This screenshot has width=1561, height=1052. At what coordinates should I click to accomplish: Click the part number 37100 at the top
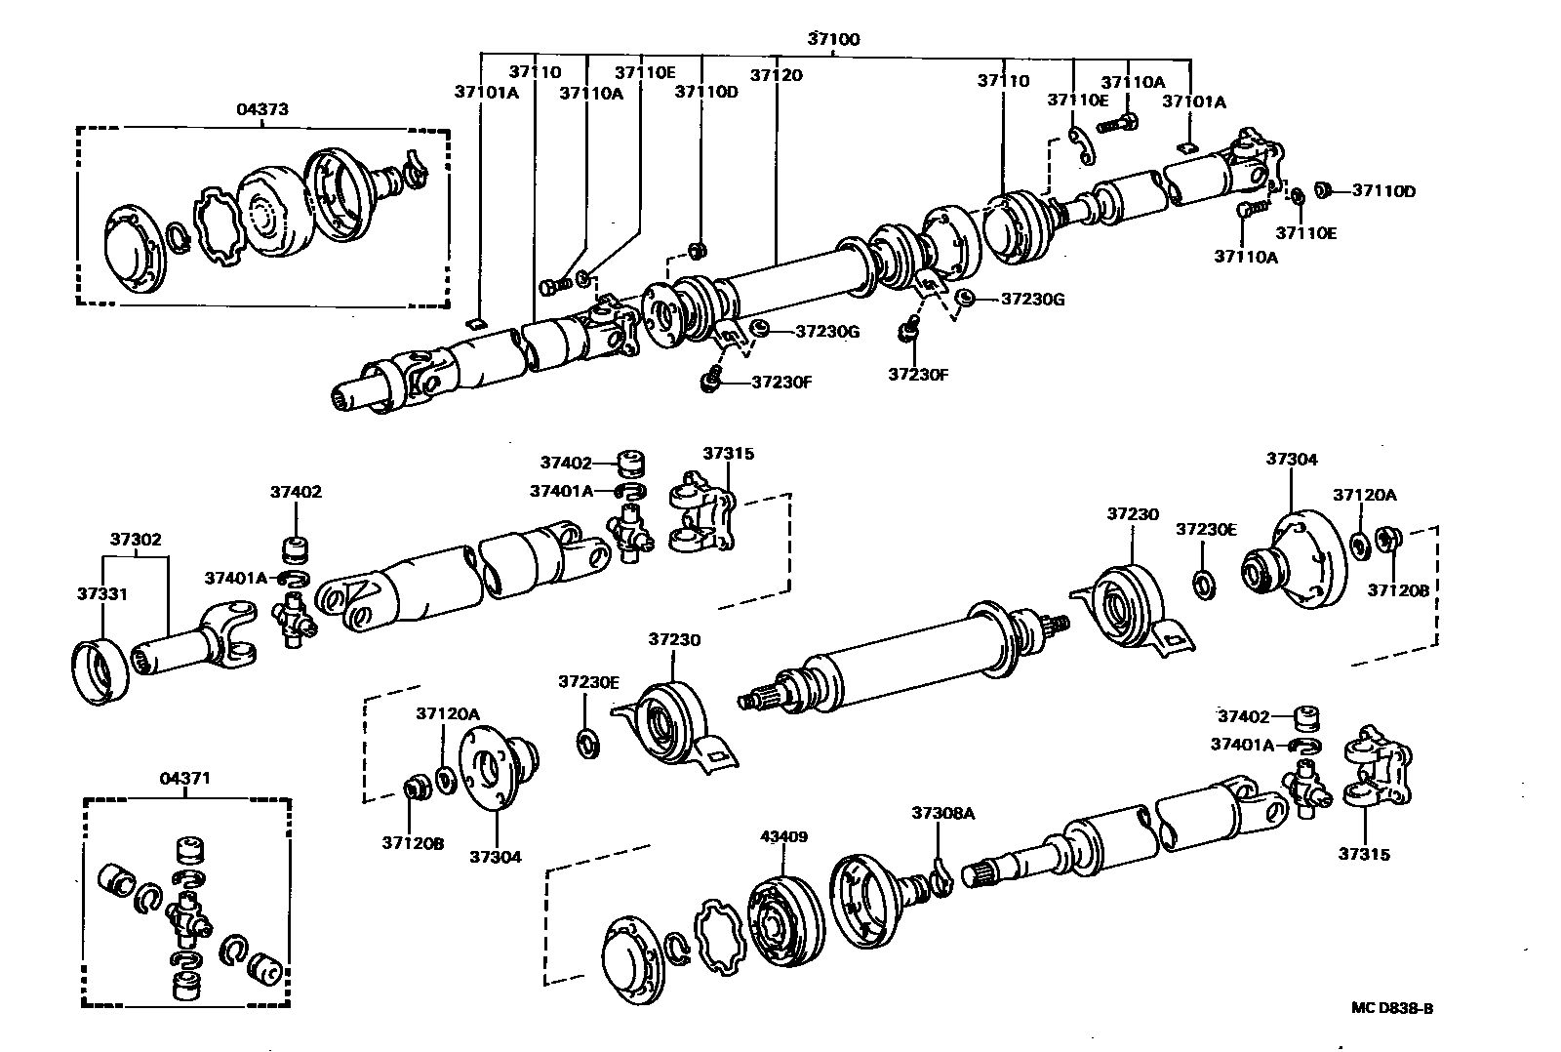pos(833,39)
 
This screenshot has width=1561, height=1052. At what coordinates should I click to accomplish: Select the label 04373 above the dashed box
pos(262,109)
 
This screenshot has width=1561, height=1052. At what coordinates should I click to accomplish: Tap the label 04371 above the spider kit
pos(184,779)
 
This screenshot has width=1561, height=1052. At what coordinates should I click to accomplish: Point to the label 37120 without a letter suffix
pos(776,75)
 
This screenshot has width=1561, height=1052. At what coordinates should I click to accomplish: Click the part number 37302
pos(136,539)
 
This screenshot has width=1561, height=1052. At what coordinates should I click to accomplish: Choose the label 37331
pos(101,593)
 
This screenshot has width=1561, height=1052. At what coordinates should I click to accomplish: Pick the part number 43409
pos(783,837)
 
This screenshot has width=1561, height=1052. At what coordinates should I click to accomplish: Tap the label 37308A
pos(942,812)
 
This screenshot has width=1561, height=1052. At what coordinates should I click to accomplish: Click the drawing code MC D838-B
pos(1392,1008)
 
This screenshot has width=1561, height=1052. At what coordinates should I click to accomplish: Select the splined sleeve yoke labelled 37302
pos(195,644)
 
